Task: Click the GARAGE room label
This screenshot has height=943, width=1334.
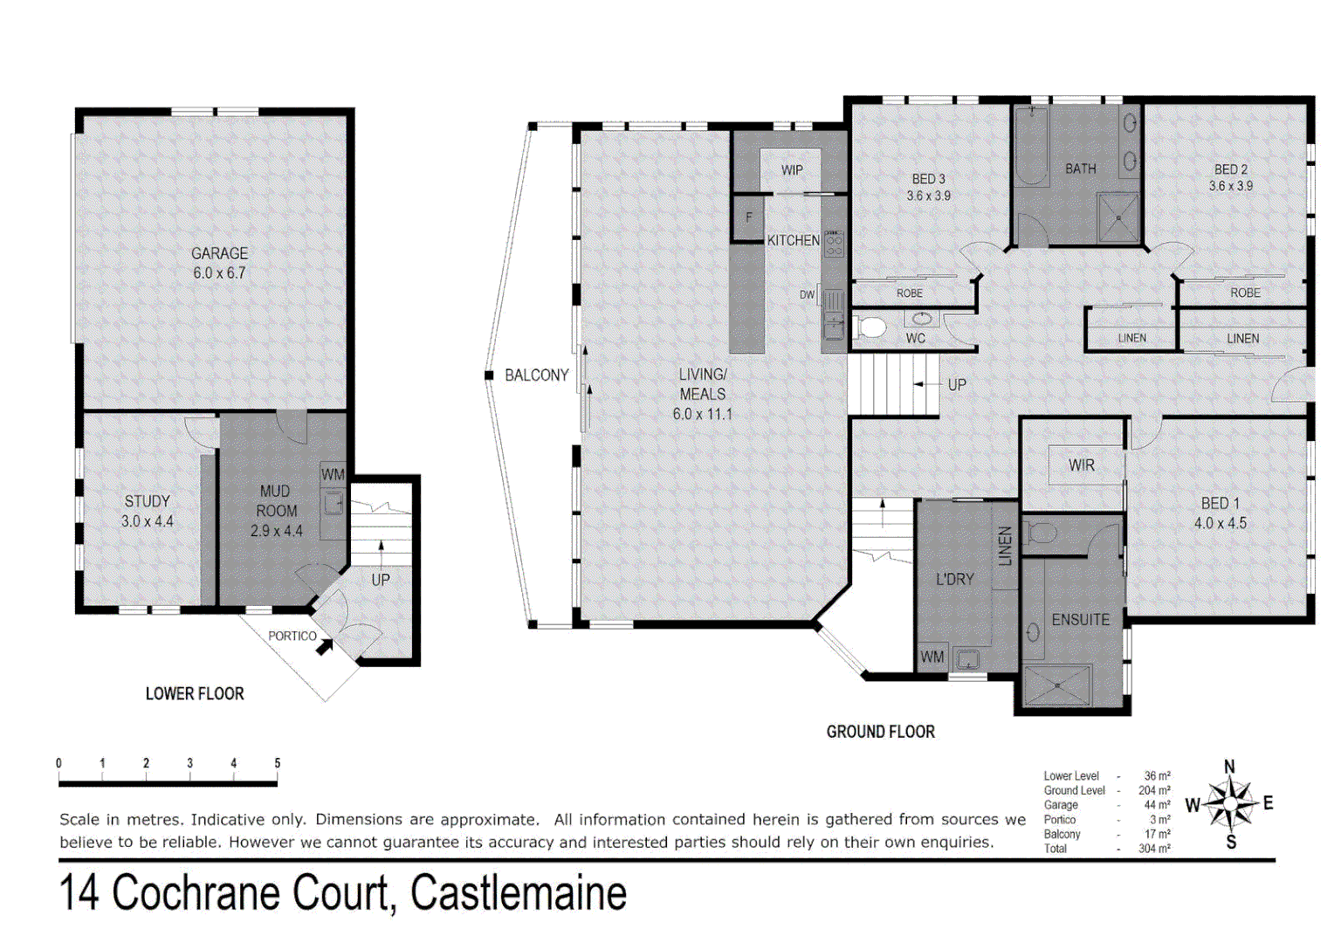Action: coord(219,253)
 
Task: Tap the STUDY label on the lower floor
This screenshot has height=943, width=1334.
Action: coord(147,501)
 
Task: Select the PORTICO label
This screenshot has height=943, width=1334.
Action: coord(292,636)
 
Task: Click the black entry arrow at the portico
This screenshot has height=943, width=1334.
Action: coord(325,647)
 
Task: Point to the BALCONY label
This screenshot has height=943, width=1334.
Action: coord(536,375)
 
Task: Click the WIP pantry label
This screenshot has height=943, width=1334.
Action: coord(792,170)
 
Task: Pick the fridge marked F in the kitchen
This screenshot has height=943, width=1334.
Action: coord(748,217)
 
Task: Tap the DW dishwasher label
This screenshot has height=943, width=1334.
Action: coord(807,295)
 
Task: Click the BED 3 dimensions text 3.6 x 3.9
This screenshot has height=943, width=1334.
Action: coord(928,196)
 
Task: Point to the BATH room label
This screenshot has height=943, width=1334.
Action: coord(1080,169)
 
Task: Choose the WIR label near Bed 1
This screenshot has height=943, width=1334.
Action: coord(1081,465)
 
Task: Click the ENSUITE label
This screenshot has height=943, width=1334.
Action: coord(1080,620)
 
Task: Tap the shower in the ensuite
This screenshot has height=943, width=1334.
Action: coord(1056,685)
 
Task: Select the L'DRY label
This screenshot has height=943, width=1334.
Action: coord(954,579)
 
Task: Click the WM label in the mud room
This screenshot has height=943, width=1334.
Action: coord(333,474)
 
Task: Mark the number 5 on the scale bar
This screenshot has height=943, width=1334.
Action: coord(278,763)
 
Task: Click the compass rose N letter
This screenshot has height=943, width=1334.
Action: coord(1229,767)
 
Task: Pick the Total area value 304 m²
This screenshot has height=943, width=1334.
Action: coord(1154,848)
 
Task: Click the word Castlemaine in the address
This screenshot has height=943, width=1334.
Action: coord(519,892)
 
